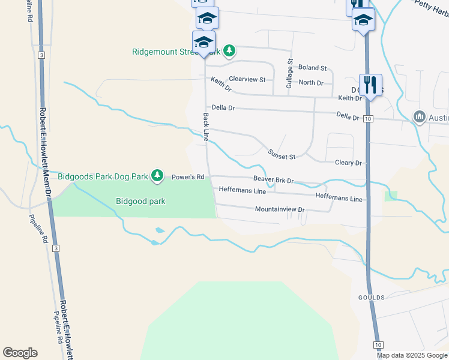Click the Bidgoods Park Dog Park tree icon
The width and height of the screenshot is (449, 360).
(x=157, y=175)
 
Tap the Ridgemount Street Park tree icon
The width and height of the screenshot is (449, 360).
(x=229, y=52)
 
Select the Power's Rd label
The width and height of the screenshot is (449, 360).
(x=188, y=178)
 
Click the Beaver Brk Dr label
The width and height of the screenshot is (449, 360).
(x=273, y=179)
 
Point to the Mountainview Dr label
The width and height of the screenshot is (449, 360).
(x=280, y=209)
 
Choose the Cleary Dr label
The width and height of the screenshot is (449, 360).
(x=349, y=163)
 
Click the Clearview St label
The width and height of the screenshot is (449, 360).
(x=247, y=79)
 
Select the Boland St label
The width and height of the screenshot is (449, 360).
(x=312, y=68)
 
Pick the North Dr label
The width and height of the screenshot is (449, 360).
(x=311, y=83)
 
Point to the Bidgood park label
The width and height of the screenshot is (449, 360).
(x=140, y=202)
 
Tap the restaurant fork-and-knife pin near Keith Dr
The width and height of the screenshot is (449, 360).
(x=370, y=85)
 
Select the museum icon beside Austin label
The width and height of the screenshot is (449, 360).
(x=419, y=116)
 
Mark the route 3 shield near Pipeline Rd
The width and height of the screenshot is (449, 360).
(x=56, y=248)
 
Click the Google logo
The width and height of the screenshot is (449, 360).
(x=20, y=353)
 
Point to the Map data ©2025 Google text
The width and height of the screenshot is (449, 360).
(x=412, y=355)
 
